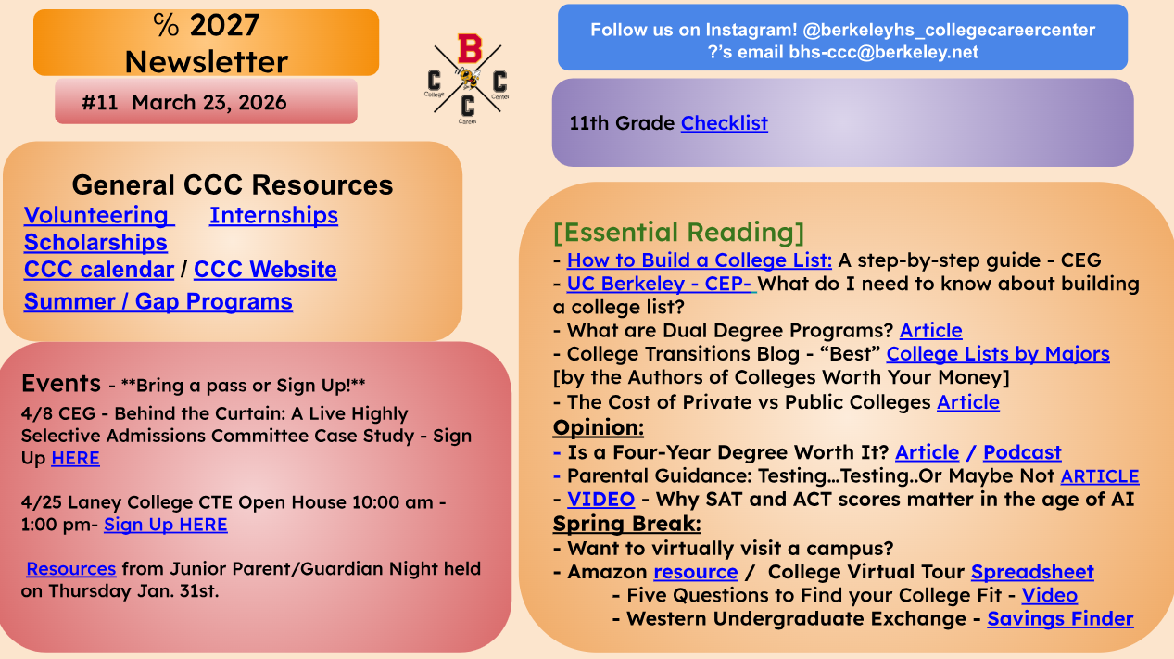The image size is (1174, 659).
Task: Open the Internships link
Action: click(x=273, y=215)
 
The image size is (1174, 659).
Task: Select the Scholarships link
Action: click(x=95, y=242)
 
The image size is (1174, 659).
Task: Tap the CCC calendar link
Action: click(x=98, y=270)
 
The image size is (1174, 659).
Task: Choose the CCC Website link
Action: click(x=265, y=270)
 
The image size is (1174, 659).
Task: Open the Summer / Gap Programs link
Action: click(x=158, y=301)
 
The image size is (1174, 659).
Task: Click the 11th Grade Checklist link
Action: click(x=725, y=123)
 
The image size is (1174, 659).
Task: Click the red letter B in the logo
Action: click(x=470, y=48)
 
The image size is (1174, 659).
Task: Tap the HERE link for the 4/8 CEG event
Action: click(x=75, y=458)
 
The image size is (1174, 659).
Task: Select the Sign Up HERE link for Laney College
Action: click(x=166, y=525)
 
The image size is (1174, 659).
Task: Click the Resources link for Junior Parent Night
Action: click(x=71, y=569)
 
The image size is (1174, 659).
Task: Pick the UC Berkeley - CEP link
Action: click(x=660, y=284)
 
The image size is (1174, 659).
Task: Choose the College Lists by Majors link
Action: click(x=998, y=354)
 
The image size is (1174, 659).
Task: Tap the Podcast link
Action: click(x=1022, y=452)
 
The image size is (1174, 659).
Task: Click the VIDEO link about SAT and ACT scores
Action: click(x=600, y=499)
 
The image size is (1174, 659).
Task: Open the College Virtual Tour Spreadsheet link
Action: click(x=1032, y=572)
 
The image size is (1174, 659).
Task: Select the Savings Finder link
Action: click(x=1060, y=618)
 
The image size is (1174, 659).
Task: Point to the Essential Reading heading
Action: click(x=678, y=233)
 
